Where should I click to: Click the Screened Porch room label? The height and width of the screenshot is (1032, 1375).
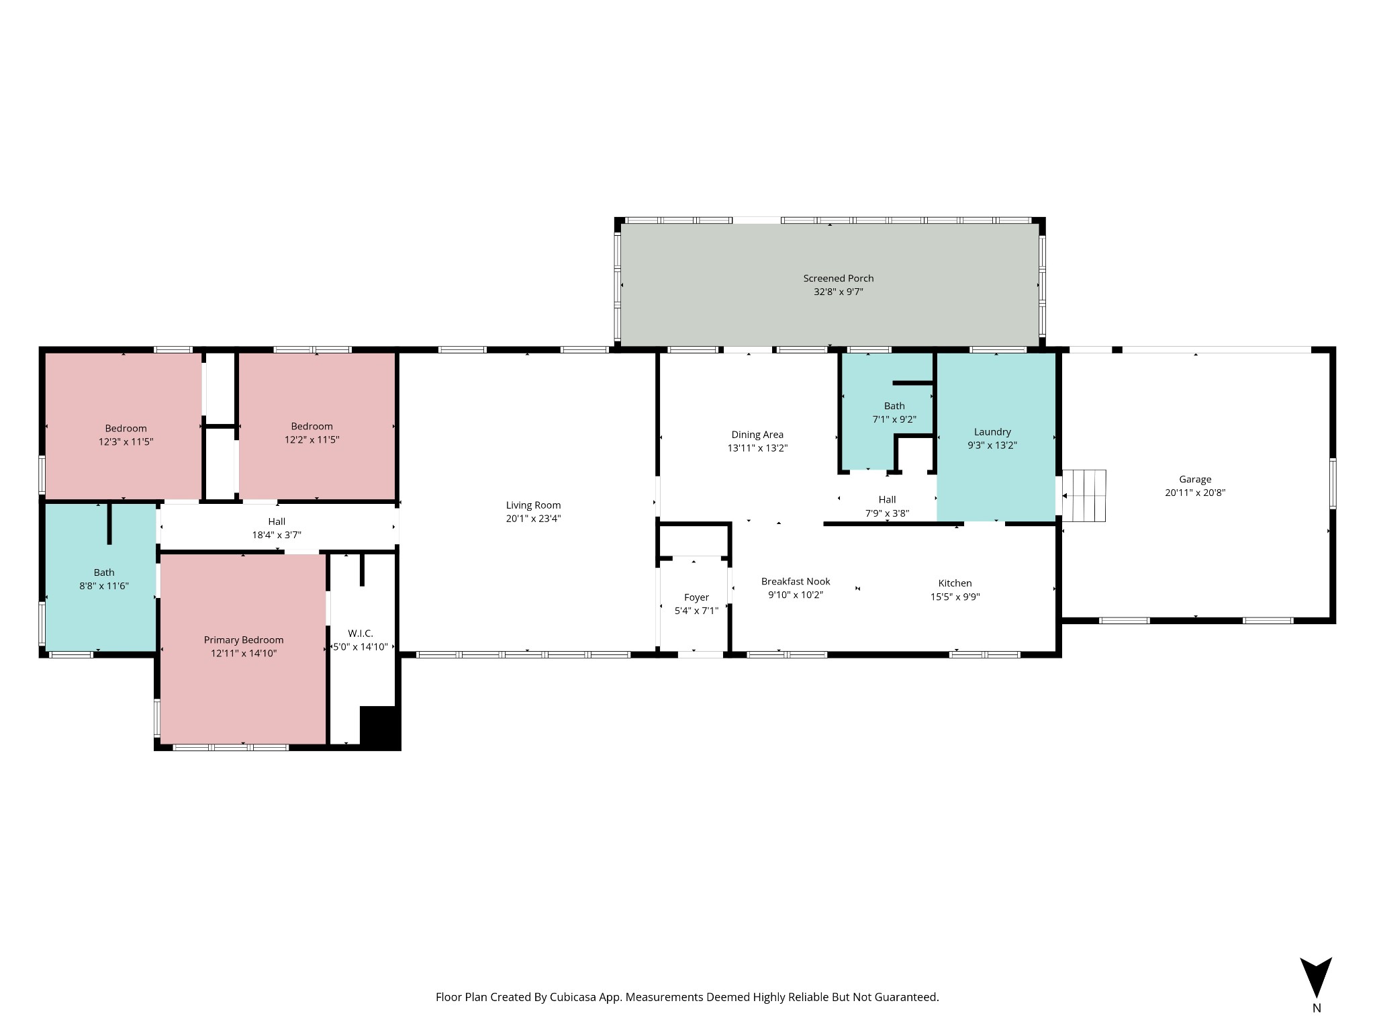(839, 278)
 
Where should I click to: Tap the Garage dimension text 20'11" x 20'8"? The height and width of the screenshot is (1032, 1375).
(1195, 492)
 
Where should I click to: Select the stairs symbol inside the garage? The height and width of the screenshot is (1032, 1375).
(1084, 496)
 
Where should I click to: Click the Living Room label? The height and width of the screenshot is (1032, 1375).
(533, 505)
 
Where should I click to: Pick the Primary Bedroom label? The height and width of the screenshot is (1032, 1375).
(244, 640)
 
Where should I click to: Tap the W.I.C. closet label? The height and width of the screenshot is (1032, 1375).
(361, 634)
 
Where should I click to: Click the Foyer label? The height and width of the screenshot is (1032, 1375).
(696, 597)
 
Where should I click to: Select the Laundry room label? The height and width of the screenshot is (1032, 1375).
(992, 432)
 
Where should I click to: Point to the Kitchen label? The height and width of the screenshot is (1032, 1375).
(955, 583)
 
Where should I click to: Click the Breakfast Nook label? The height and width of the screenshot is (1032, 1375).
(796, 582)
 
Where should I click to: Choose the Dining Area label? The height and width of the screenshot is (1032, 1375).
(757, 435)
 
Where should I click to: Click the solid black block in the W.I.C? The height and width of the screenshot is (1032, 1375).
(380, 728)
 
